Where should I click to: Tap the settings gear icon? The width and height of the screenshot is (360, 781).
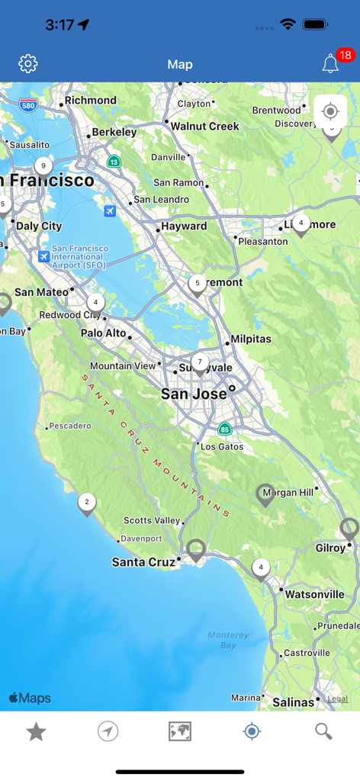[x=28, y=64]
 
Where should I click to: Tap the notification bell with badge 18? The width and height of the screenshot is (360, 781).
[x=331, y=64]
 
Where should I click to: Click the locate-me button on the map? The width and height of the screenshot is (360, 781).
[x=330, y=111]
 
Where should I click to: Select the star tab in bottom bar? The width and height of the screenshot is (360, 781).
[x=36, y=732]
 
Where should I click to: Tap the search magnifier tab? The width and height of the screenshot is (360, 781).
[x=323, y=732]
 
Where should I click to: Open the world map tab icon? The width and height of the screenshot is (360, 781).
[x=180, y=732]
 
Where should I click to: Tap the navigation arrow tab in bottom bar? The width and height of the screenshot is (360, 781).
[x=108, y=732]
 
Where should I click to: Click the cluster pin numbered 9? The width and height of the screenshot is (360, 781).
[x=43, y=166]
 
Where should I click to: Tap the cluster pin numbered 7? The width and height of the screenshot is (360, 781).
[x=200, y=363]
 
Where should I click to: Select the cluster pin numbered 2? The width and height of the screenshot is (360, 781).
[x=87, y=503]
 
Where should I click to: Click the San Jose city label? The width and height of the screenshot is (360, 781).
[x=194, y=394]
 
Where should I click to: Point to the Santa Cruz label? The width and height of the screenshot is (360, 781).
[x=143, y=562]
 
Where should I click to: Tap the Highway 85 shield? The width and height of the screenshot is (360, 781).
[x=224, y=429]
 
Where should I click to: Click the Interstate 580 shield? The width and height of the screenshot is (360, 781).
[x=28, y=106]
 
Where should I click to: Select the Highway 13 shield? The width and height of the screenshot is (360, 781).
[x=114, y=162]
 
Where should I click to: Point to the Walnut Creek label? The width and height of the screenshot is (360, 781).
[x=204, y=127]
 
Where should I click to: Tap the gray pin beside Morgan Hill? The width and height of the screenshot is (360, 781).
[x=265, y=494]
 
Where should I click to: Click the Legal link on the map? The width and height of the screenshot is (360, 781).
[x=337, y=699]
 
